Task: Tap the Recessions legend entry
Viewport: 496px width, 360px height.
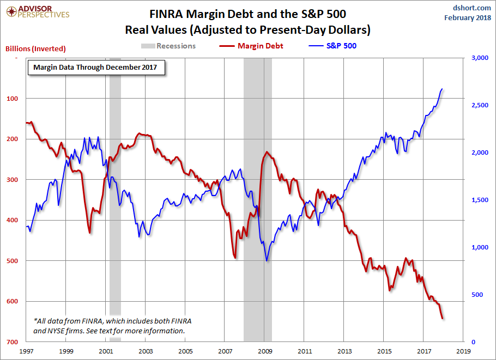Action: coord(168,46)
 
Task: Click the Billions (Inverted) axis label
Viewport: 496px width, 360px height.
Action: coord(35,48)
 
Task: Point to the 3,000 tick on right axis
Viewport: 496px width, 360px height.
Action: coord(476,58)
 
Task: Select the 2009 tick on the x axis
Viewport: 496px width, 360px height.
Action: coord(265,351)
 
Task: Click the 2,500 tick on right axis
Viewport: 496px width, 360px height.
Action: coord(476,105)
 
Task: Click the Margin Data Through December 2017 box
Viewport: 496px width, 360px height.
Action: coord(95,68)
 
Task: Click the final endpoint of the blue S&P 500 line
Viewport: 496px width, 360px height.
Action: coord(442,89)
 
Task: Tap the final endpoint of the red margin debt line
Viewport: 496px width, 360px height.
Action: coord(443,319)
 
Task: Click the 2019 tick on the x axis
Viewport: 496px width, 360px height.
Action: coord(463,351)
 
